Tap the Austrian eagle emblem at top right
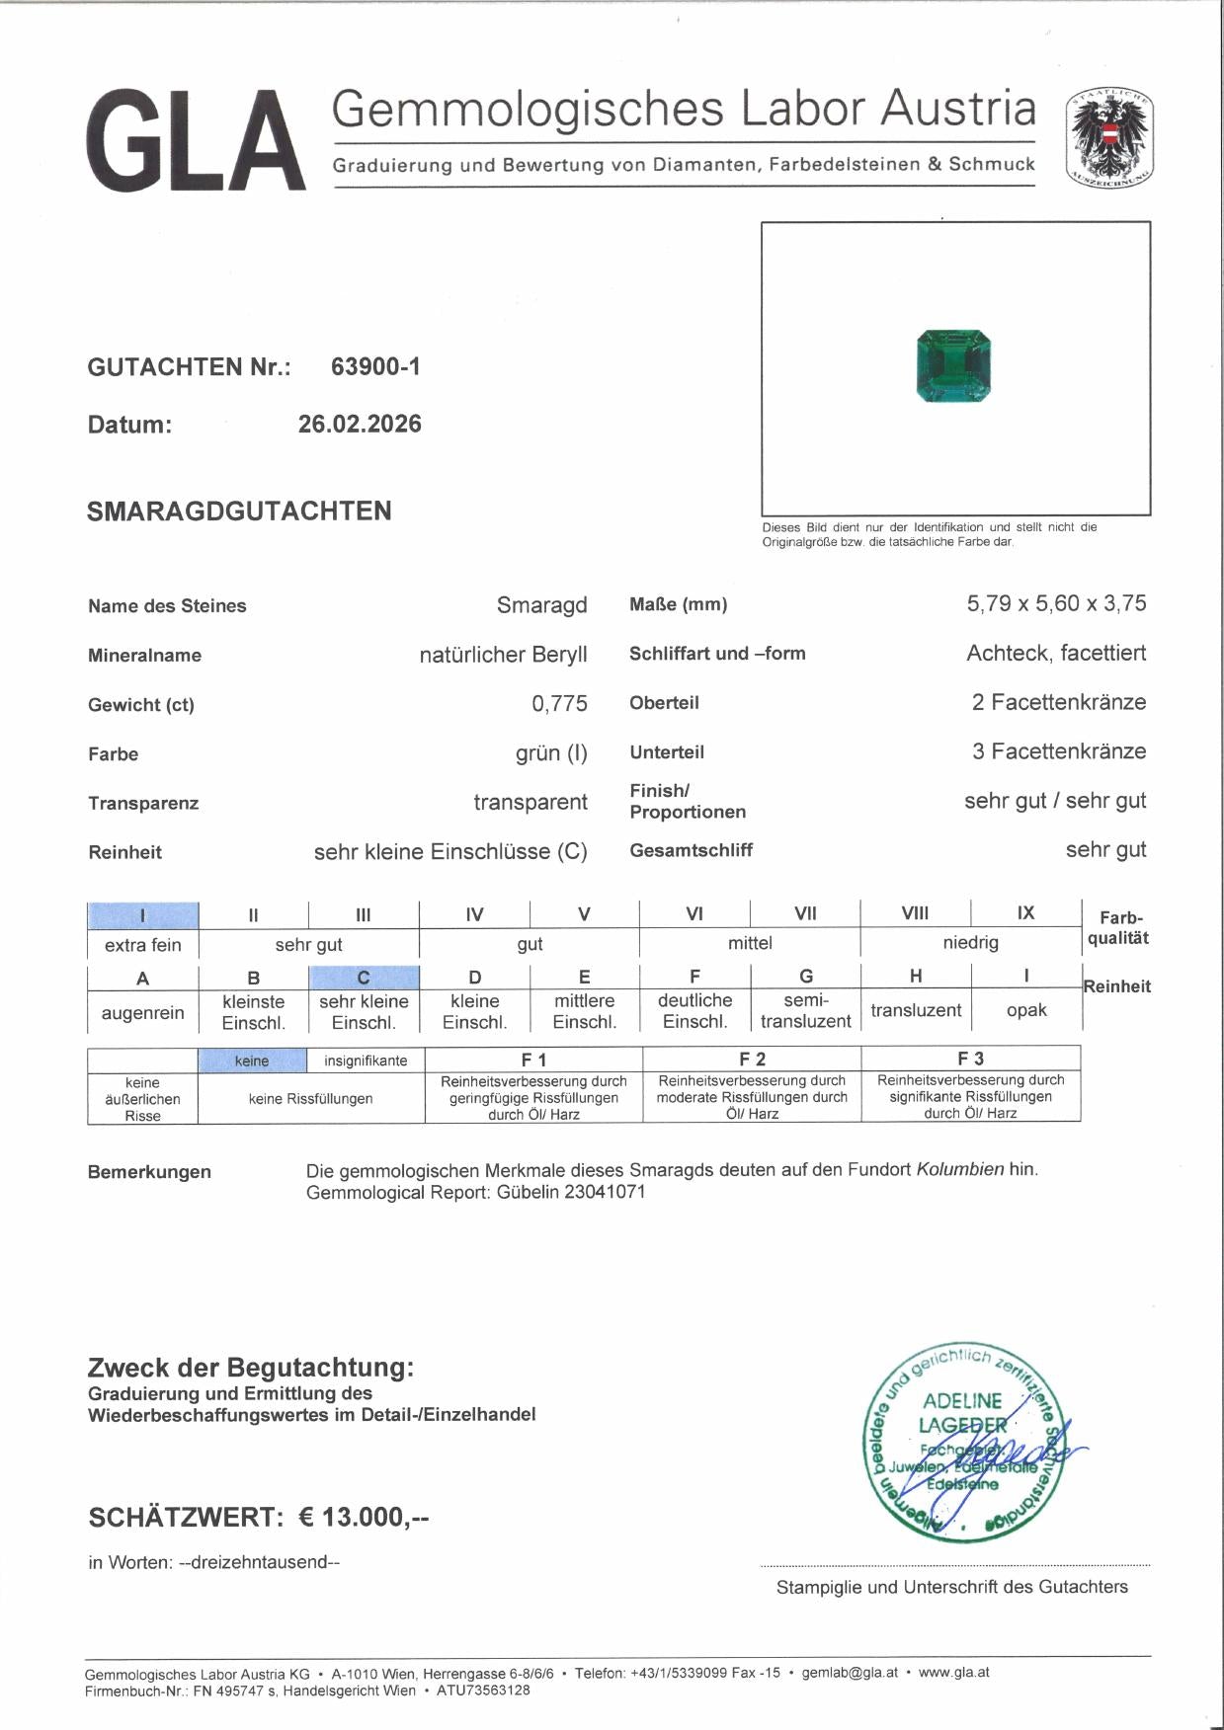pyautogui.click(x=1109, y=139)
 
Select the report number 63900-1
pyautogui.click(x=375, y=366)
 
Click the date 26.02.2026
pyautogui.click(x=360, y=425)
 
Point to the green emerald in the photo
pyautogui.click(x=953, y=366)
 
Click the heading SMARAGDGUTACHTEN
pyautogui.click(x=239, y=511)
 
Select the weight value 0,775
pyautogui.click(x=559, y=704)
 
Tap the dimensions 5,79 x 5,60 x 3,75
pyautogui.click(x=1056, y=603)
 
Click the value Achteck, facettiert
pyautogui.click(x=1056, y=653)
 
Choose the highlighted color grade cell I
pyautogui.click(x=143, y=915)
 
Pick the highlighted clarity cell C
pyautogui.click(x=364, y=978)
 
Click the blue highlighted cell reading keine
pyautogui.click(x=252, y=1061)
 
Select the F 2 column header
pyautogui.click(x=752, y=1059)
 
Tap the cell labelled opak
pyautogui.click(x=1026, y=1010)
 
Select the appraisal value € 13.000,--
pyautogui.click(x=364, y=1517)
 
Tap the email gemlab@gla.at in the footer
pyautogui.click(x=850, y=1673)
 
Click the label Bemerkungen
pyautogui.click(x=149, y=1172)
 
